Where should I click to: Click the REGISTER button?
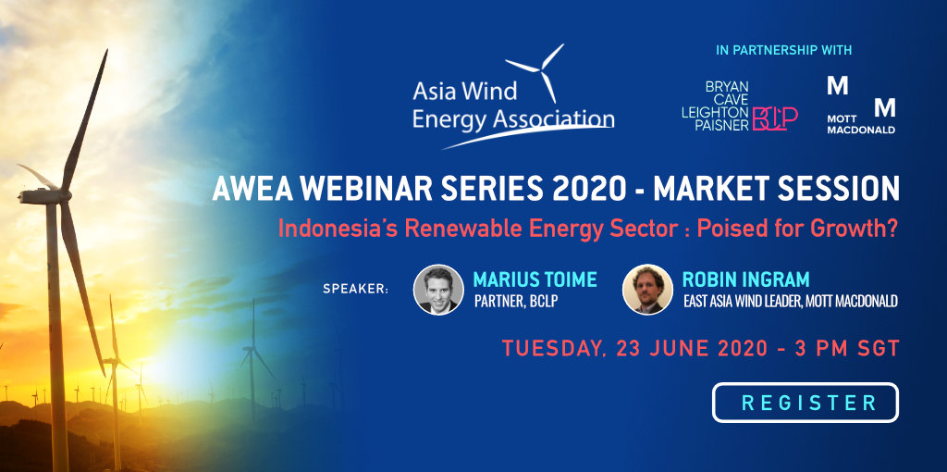(x=806, y=403)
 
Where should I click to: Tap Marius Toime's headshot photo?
(x=438, y=290)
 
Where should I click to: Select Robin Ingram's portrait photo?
(x=647, y=290)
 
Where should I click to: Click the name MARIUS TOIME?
(x=535, y=279)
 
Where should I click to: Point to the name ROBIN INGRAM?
(x=745, y=279)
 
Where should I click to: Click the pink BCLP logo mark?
(x=775, y=118)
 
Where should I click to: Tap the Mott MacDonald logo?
(x=861, y=106)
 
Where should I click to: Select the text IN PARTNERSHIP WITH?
(x=784, y=50)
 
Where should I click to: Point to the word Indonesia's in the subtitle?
(x=337, y=230)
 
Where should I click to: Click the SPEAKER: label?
(x=356, y=289)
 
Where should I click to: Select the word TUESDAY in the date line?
(x=554, y=349)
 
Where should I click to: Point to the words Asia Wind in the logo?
(x=465, y=92)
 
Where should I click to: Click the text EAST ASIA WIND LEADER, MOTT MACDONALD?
(x=791, y=301)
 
